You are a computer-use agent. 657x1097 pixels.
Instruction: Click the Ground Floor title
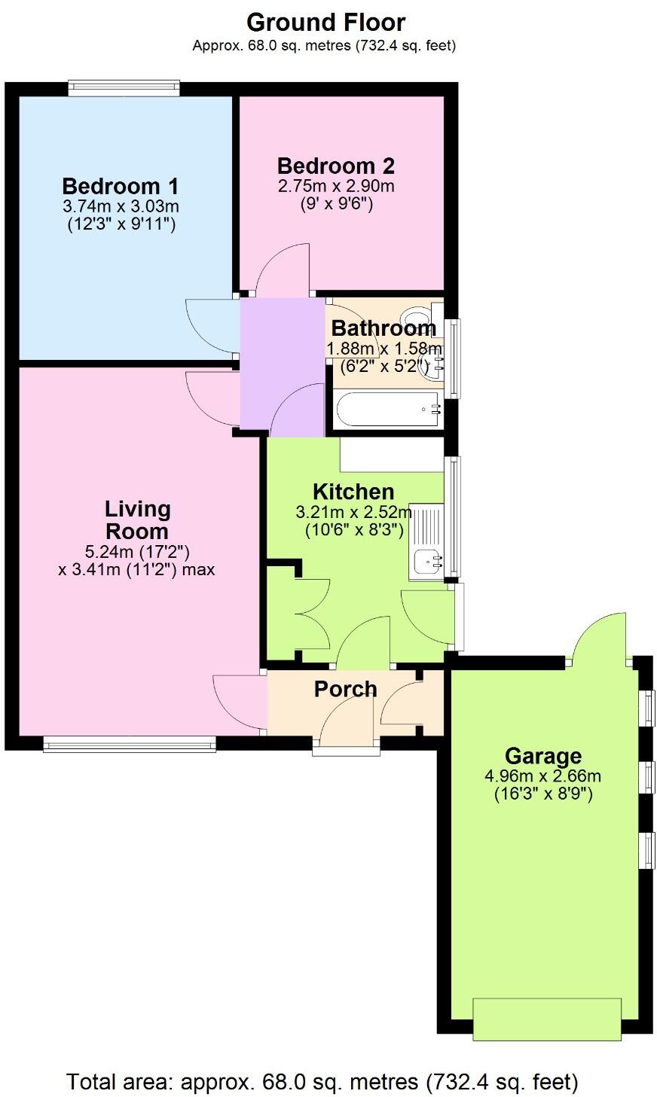click(x=325, y=22)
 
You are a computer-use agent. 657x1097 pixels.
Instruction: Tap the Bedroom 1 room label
click(x=121, y=186)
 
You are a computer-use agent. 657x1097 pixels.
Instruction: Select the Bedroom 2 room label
click(x=336, y=166)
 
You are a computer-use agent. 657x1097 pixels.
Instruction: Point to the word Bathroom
click(x=384, y=328)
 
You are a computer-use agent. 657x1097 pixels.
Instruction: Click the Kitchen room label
click(x=353, y=492)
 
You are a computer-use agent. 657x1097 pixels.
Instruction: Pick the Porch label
click(x=345, y=689)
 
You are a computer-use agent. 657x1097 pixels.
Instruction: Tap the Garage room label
click(x=542, y=755)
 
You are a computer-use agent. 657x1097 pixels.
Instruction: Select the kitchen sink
click(x=426, y=561)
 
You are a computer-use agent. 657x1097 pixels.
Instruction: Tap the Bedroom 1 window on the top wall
click(x=124, y=88)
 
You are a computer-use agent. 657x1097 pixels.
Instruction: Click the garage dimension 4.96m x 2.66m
click(x=542, y=776)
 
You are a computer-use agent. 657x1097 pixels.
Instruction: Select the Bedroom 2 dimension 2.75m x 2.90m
click(x=336, y=186)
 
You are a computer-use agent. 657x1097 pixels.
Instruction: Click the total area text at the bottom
click(x=322, y=1083)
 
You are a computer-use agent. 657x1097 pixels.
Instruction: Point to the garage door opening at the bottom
click(x=547, y=1018)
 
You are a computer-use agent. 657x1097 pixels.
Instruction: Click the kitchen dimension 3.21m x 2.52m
click(x=353, y=513)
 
